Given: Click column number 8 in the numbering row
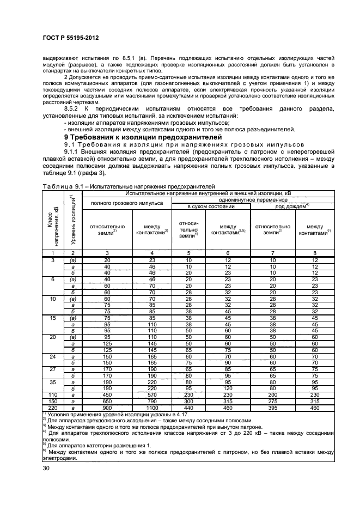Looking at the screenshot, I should [315, 253].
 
